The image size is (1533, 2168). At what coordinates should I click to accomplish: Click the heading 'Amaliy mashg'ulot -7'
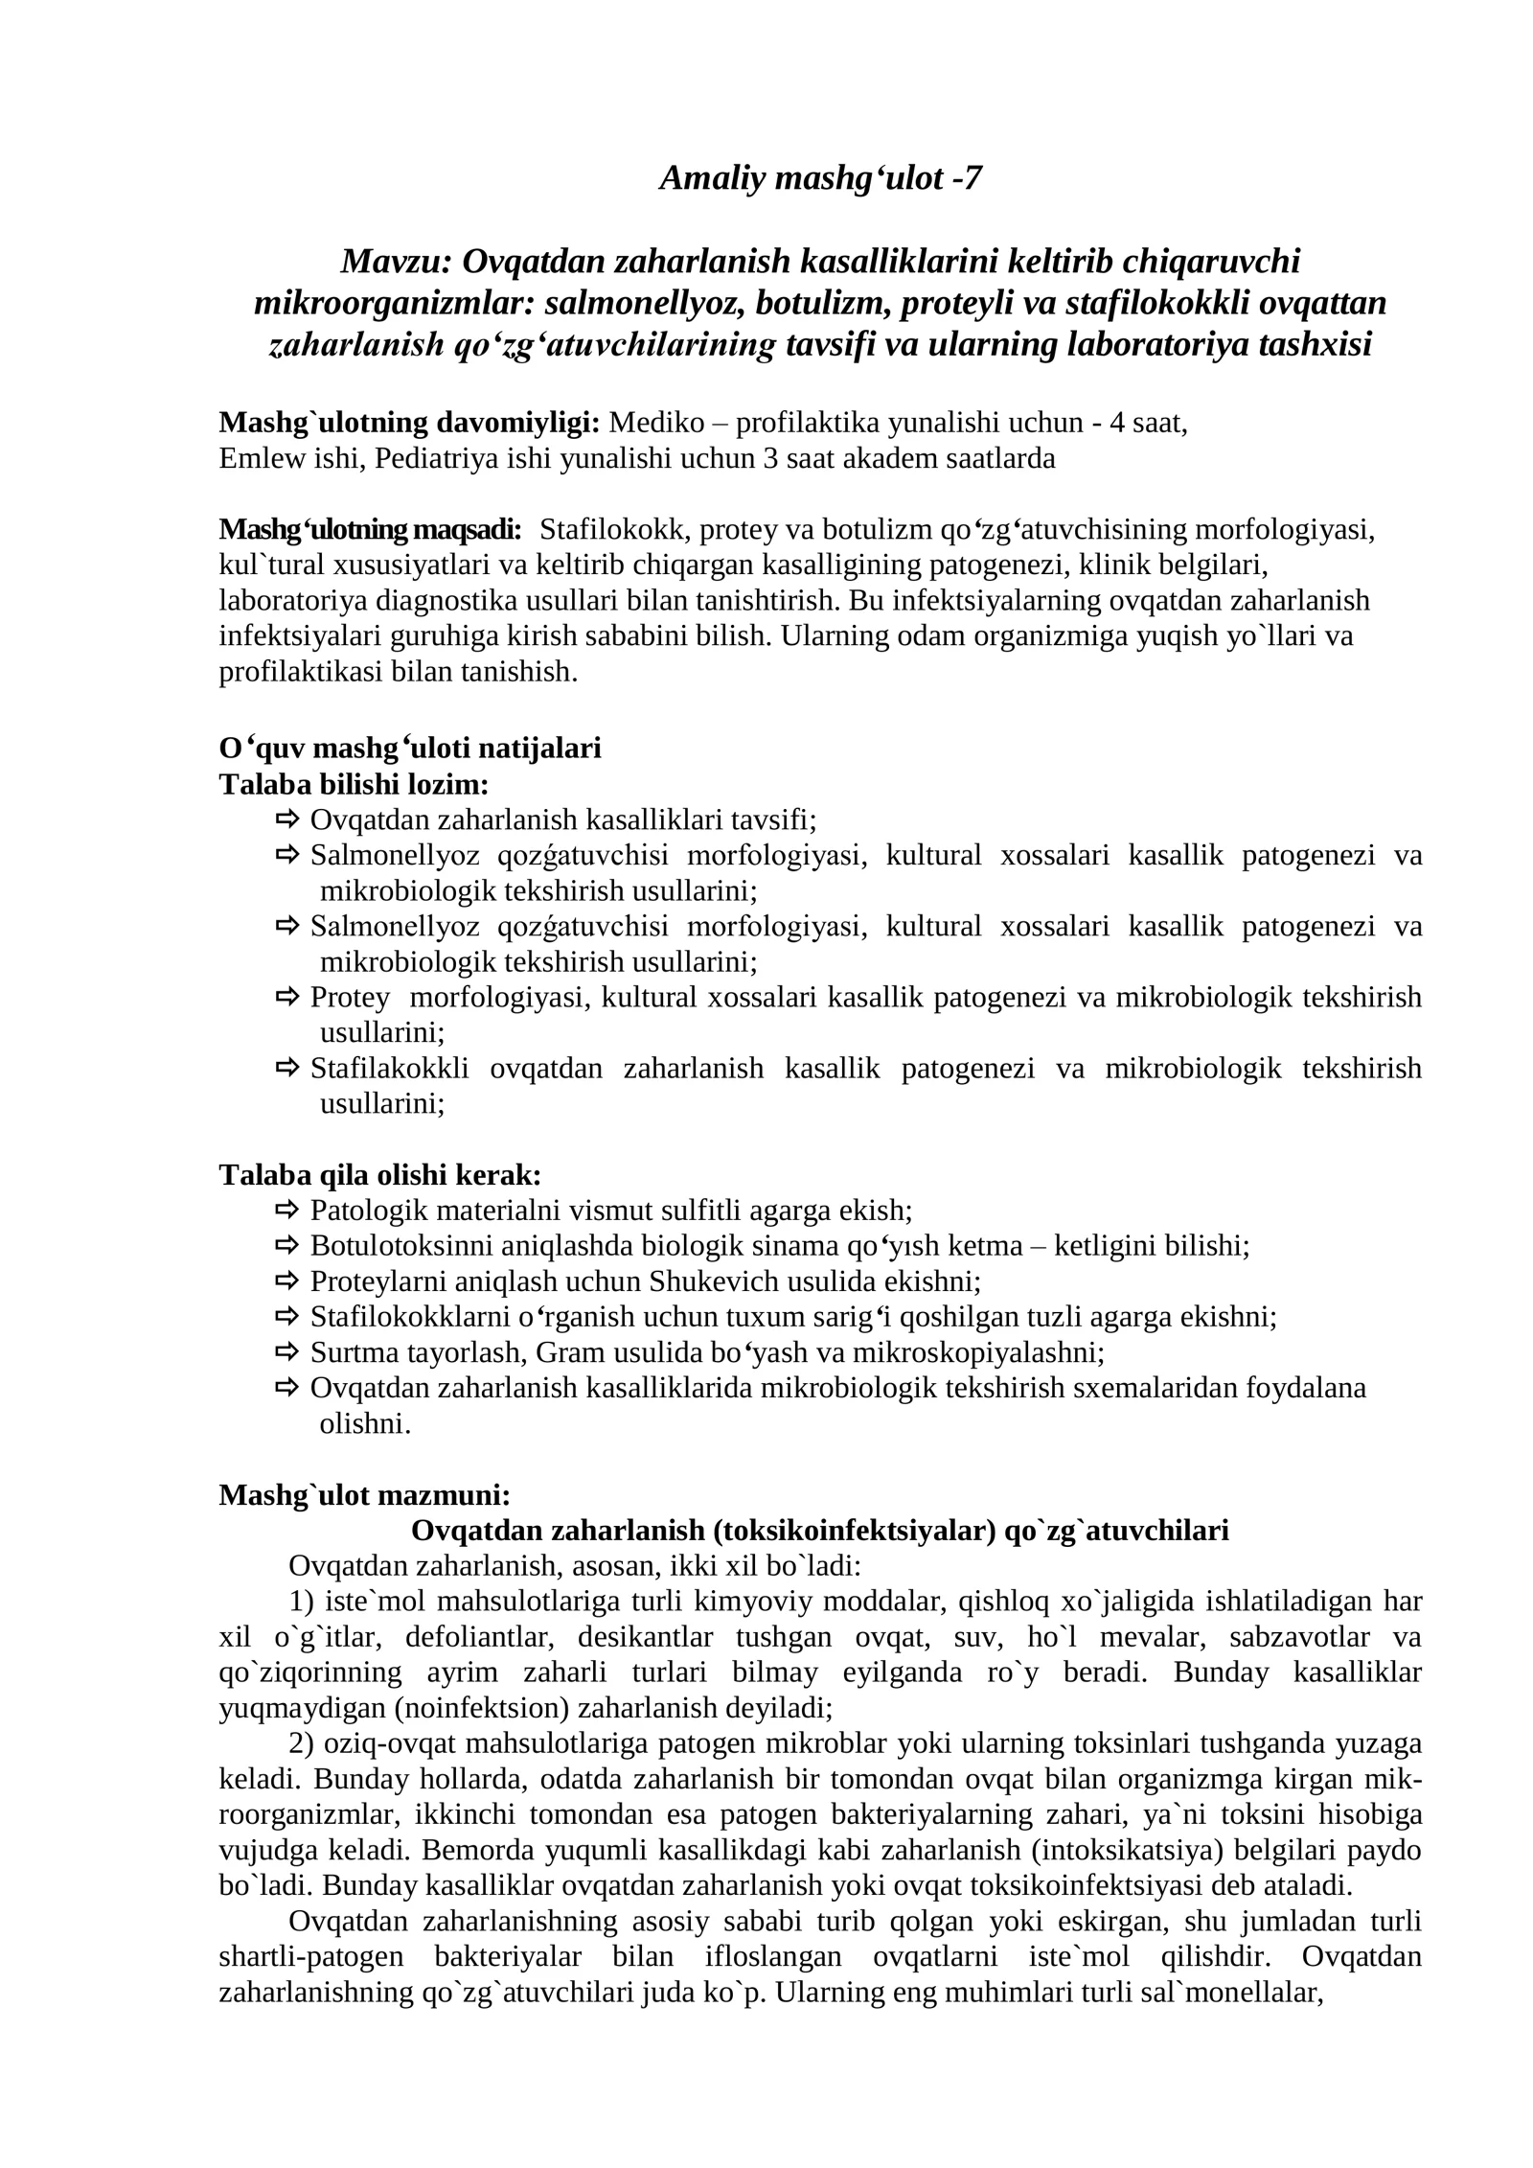tap(820, 178)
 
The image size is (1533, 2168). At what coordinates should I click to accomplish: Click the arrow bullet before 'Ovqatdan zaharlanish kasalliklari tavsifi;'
tap(288, 819)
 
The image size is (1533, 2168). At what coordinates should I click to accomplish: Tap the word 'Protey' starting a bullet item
tap(350, 998)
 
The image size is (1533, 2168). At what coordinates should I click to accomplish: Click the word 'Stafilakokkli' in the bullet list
tap(389, 1069)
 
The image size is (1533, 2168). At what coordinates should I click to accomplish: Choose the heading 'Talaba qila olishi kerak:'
tap(379, 1175)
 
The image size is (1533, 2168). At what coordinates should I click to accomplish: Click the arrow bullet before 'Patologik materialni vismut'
tap(288, 1211)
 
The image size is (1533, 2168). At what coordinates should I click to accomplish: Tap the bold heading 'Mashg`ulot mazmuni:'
tap(364, 1495)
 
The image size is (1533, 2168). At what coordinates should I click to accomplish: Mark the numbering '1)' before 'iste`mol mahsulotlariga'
tap(303, 1602)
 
